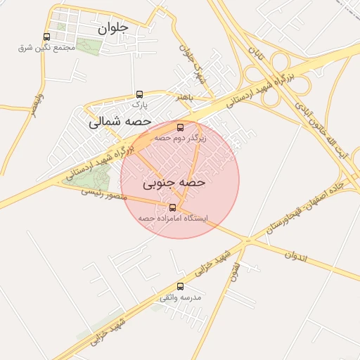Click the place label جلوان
(x=112, y=29)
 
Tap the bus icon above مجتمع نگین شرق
(x=46, y=37)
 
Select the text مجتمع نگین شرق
(x=46, y=48)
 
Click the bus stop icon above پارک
(x=139, y=94)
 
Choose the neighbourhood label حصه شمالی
(x=120, y=122)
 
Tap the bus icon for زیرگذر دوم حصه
(x=180, y=127)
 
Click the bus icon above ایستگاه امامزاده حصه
(x=173, y=207)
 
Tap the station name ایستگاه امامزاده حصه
(x=173, y=218)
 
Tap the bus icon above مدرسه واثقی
(x=180, y=286)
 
